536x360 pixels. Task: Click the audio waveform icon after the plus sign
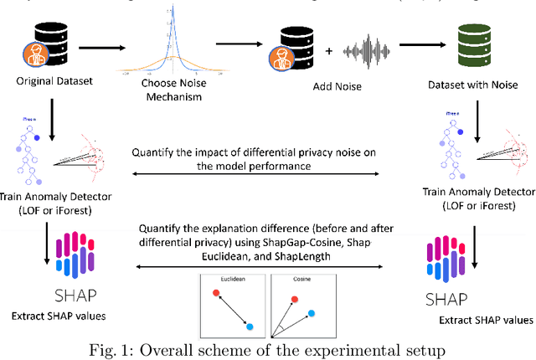click(x=378, y=51)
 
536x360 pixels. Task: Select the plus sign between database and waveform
click(x=327, y=52)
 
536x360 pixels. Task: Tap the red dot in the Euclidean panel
click(x=217, y=293)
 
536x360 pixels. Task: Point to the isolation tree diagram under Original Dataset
click(x=33, y=151)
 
